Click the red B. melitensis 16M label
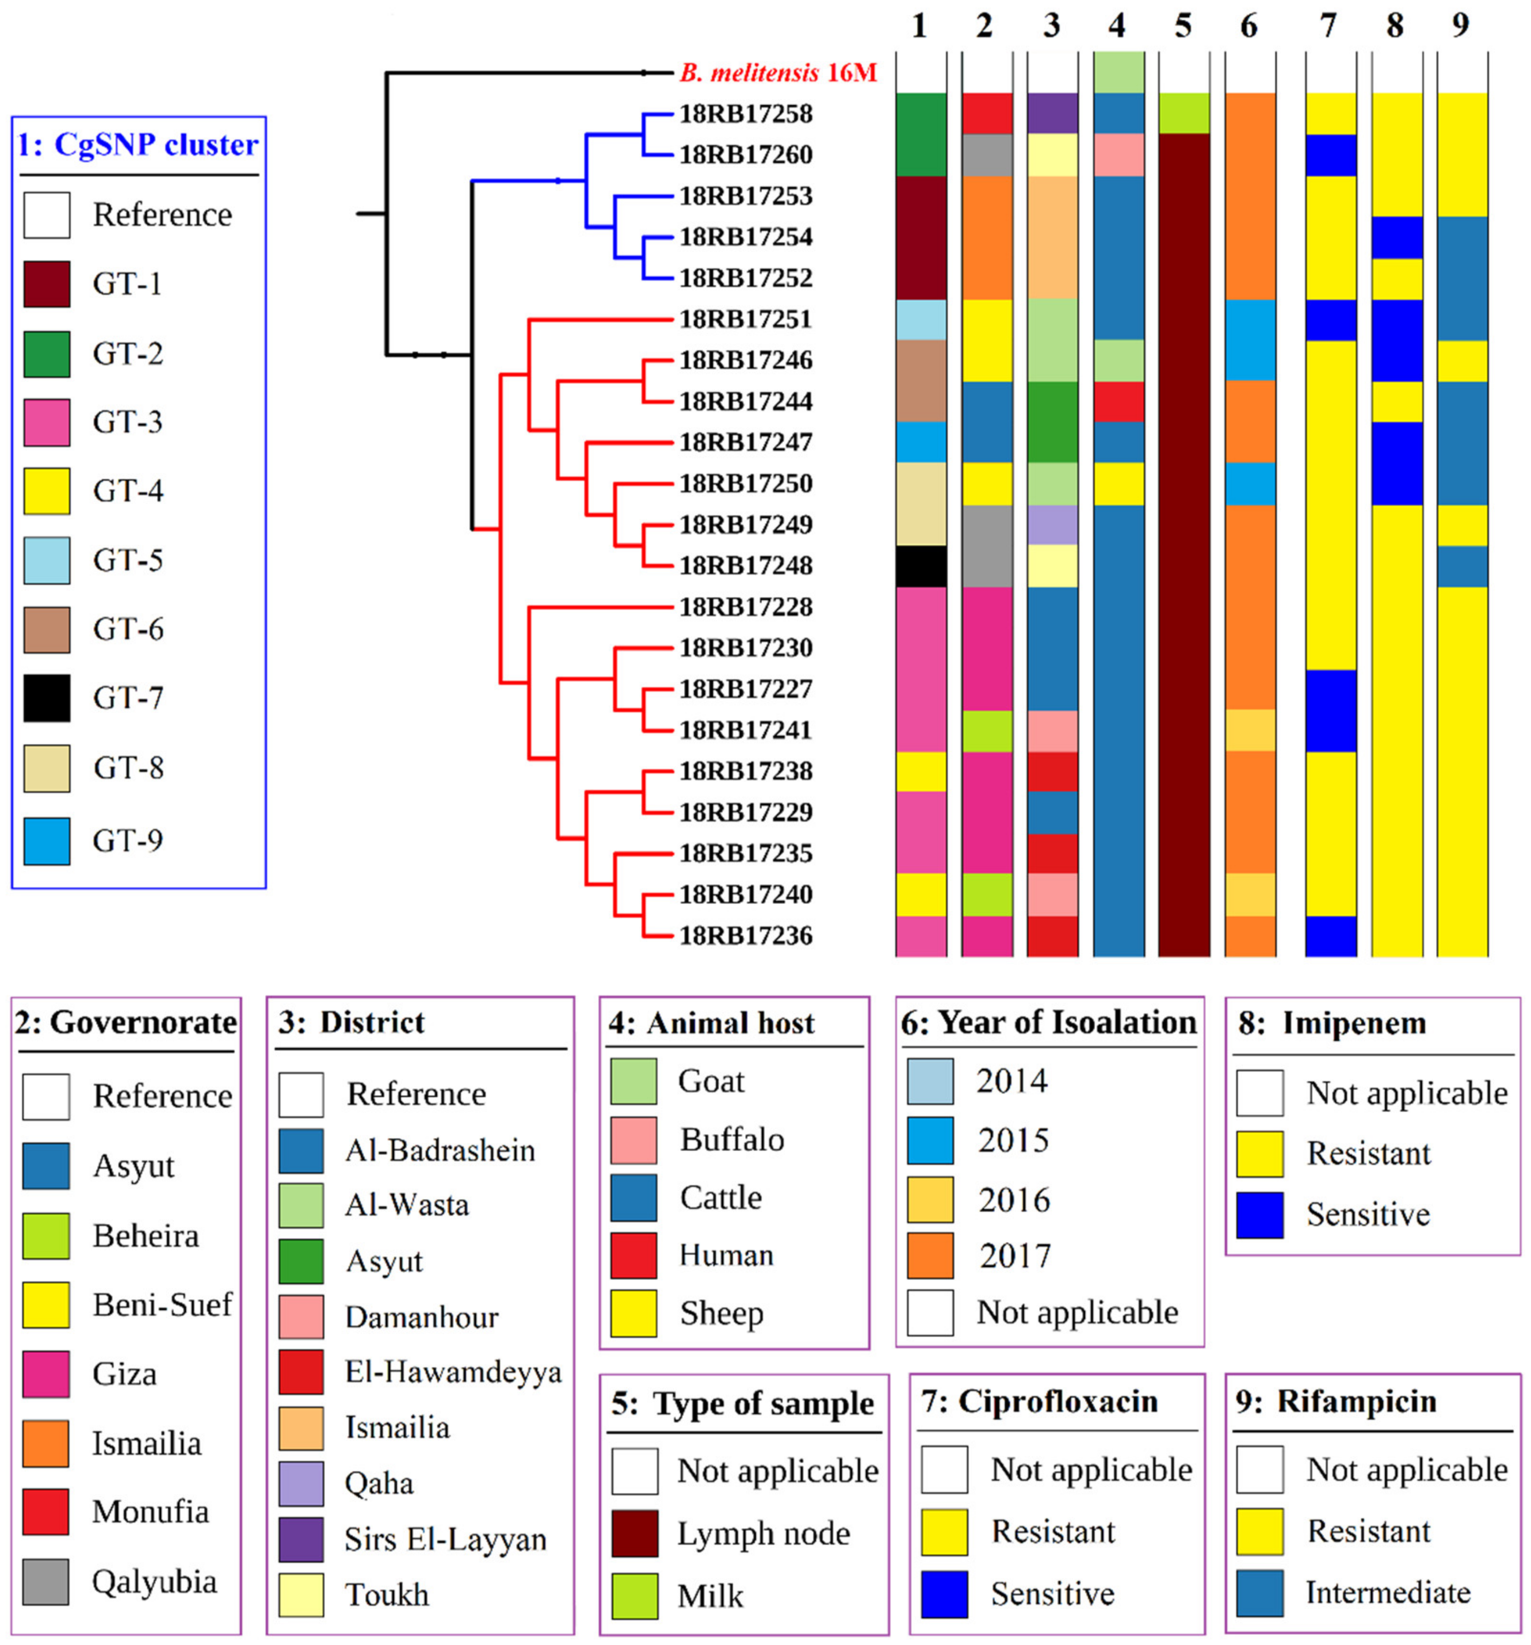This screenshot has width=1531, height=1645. click(778, 73)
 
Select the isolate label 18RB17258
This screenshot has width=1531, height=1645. click(745, 114)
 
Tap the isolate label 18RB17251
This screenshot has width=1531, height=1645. click(745, 319)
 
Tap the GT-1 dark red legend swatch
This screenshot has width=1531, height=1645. click(46, 284)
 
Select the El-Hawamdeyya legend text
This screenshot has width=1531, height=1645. click(453, 1372)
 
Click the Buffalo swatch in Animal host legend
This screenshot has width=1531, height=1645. click(633, 1139)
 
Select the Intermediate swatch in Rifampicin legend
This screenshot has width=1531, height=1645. click(1259, 1593)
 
